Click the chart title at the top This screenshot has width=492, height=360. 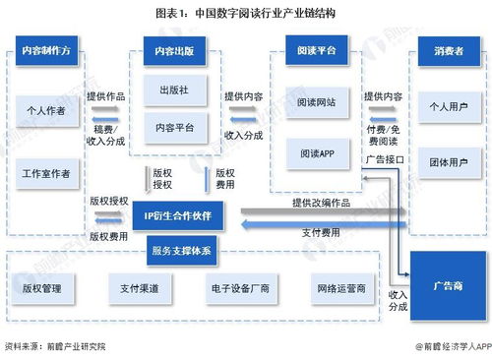(245, 13)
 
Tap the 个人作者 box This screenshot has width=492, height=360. (46, 111)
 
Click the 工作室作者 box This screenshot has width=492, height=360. (46, 174)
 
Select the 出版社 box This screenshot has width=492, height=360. (174, 90)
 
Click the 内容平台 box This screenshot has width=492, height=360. (174, 127)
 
